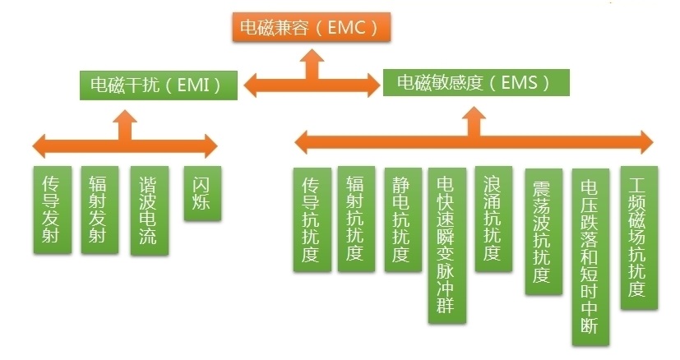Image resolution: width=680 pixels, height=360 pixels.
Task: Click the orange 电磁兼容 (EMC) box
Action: tap(309, 28)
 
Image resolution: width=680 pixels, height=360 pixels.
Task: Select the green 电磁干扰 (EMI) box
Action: tap(159, 85)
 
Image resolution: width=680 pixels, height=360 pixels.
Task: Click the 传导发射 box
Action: tap(52, 210)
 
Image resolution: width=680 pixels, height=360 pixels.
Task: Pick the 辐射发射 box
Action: tap(99, 210)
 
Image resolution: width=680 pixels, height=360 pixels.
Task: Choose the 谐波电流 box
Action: tap(149, 210)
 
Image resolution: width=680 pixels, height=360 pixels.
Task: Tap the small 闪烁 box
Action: tap(201, 193)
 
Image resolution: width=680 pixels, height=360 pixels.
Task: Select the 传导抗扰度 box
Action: tap(312, 219)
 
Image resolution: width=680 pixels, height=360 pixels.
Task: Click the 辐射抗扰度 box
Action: tap(356, 219)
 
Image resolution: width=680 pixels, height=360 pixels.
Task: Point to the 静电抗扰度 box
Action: tap(402, 219)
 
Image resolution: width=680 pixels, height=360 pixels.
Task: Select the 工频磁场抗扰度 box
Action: tap(637, 239)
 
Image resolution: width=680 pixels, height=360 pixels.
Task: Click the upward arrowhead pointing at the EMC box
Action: tap(311, 56)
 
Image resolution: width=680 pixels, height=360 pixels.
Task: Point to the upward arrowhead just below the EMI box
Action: tap(125, 120)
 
